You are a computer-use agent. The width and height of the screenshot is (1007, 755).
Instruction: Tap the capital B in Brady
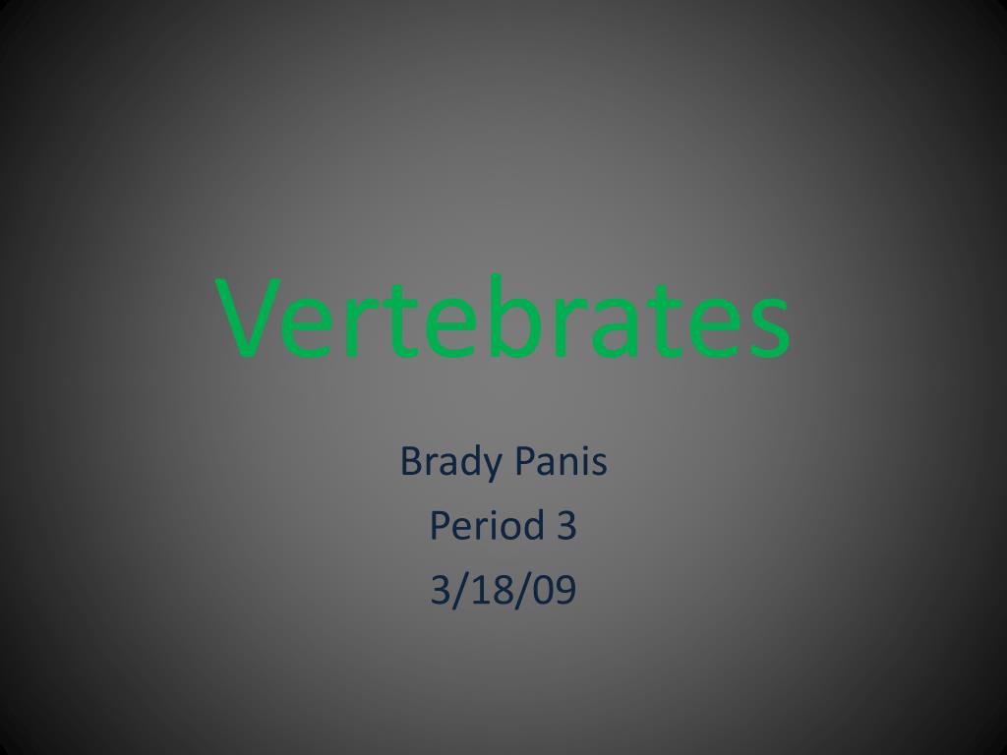(410, 461)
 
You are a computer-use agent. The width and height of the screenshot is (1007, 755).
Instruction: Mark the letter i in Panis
(585, 460)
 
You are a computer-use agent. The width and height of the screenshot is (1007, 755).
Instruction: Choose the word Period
(483, 526)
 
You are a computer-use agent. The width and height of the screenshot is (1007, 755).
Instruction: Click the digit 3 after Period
(565, 526)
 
